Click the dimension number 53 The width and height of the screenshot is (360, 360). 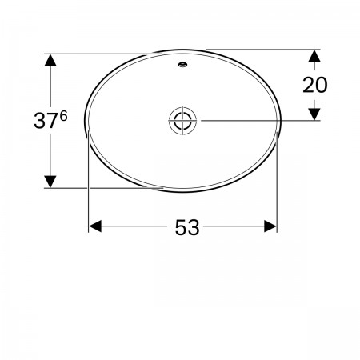tap(187, 227)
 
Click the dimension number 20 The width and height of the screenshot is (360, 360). tap(314, 85)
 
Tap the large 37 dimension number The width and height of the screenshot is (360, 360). tap(46, 121)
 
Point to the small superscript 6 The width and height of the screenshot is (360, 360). tap(63, 116)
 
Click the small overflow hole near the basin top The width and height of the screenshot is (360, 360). tap(182, 64)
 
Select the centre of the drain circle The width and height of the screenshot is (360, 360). tap(182, 121)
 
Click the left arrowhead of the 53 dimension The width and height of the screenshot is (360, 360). tap(95, 226)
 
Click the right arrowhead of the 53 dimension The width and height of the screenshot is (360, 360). tap(270, 226)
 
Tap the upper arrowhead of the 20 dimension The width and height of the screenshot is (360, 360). tap(314, 56)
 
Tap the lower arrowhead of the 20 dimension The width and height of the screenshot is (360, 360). tap(314, 114)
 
